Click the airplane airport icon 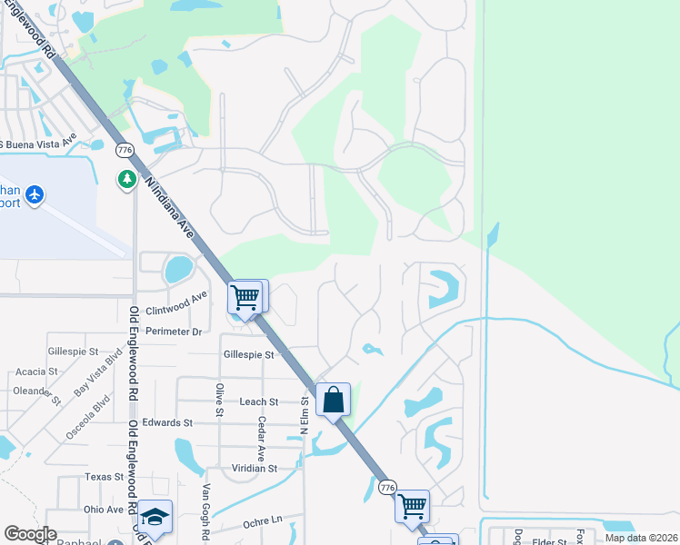click(x=35, y=195)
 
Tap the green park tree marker click(x=126, y=179)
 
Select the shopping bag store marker click(x=334, y=399)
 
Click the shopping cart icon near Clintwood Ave click(x=245, y=296)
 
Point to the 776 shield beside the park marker click(x=125, y=150)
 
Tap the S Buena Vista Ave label click(x=46, y=143)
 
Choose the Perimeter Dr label click(x=174, y=332)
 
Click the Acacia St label click(x=37, y=372)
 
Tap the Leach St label click(x=259, y=401)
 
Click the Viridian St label click(x=254, y=469)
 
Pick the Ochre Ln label click(x=263, y=523)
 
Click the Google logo click(x=29, y=534)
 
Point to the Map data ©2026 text click(x=640, y=538)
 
